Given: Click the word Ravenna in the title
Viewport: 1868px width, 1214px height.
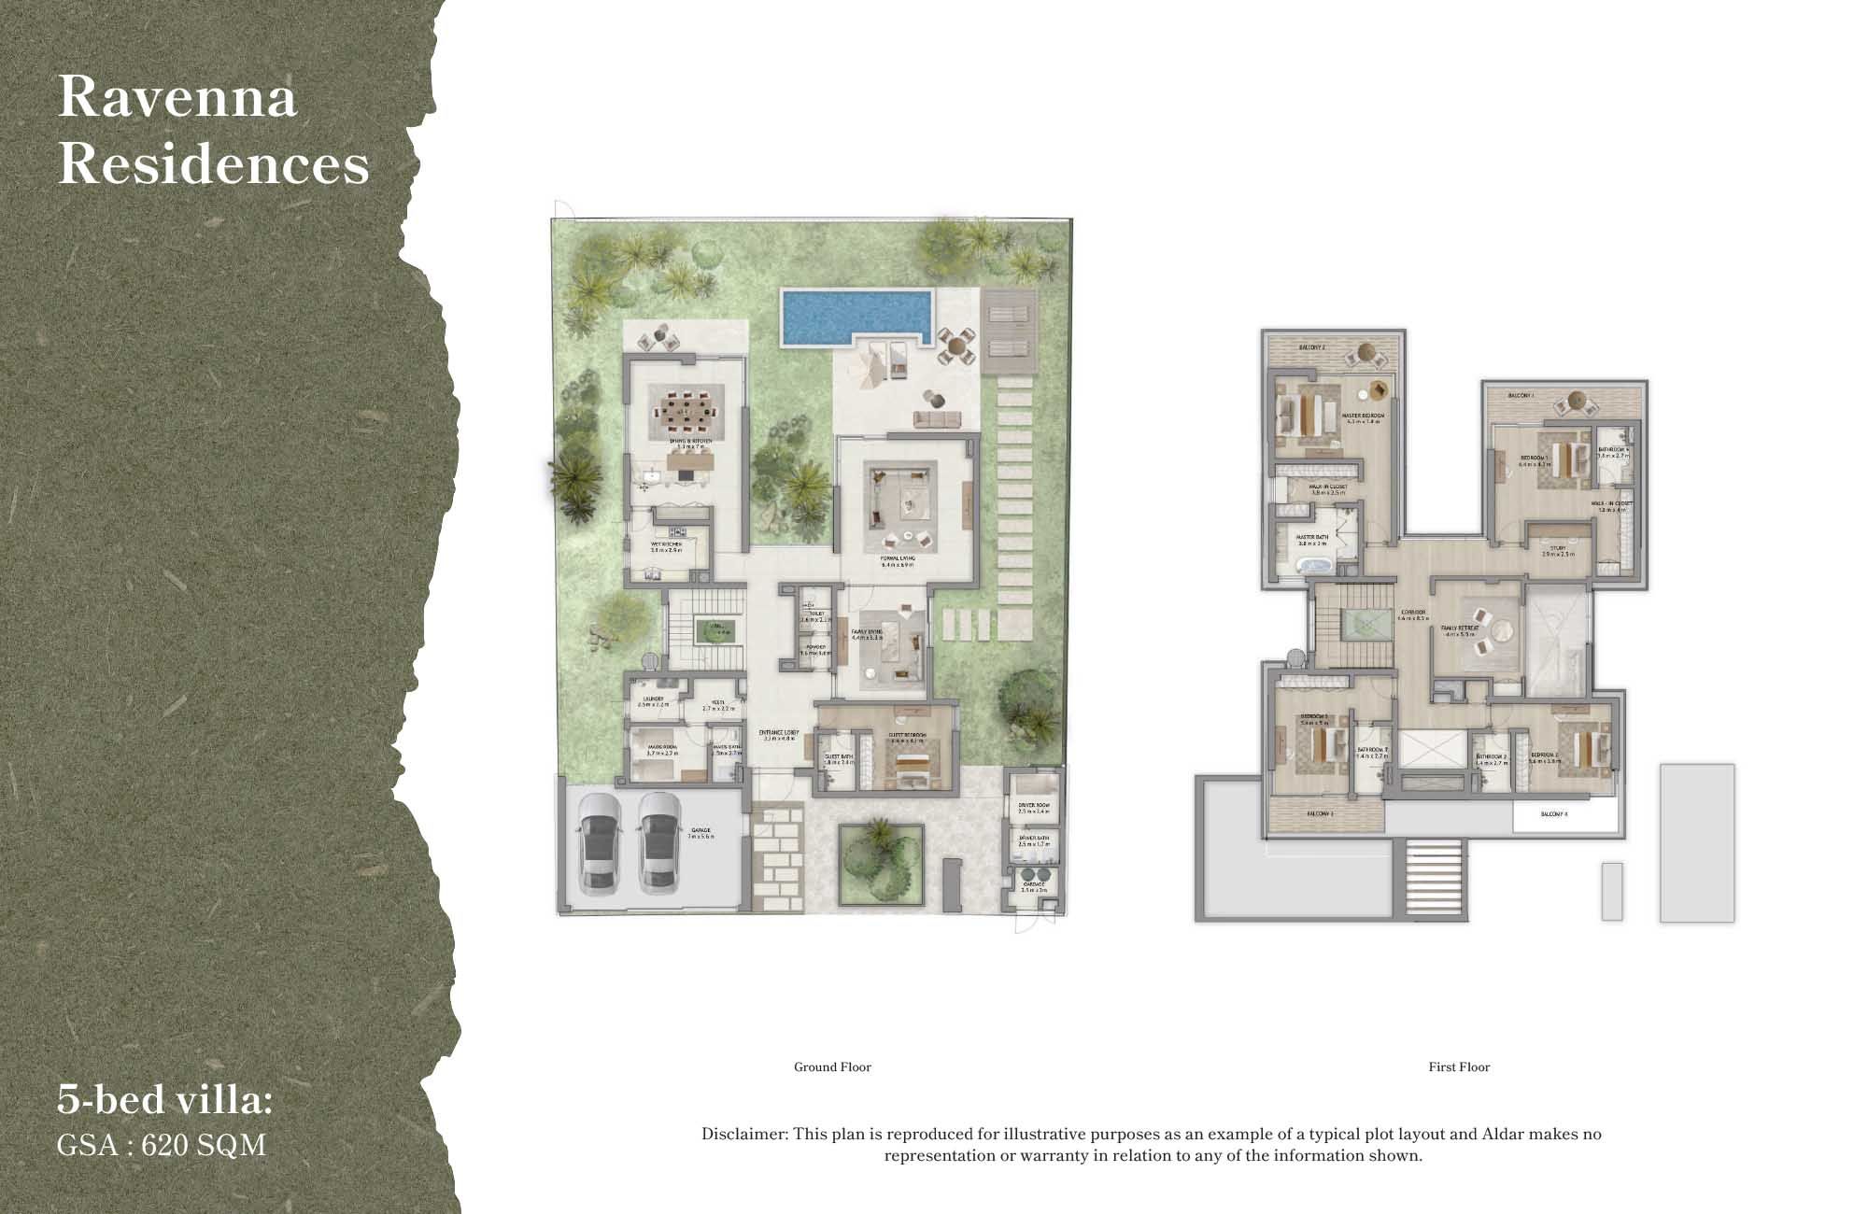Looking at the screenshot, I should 177,97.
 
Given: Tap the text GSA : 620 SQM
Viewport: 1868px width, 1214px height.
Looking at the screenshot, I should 162,1145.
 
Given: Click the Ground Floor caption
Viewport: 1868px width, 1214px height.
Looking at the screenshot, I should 832,1066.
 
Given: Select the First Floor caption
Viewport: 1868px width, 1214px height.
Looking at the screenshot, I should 1459,1066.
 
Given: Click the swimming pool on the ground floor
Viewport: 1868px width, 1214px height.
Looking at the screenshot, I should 855,315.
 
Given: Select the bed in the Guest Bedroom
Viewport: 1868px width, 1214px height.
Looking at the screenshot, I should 909,765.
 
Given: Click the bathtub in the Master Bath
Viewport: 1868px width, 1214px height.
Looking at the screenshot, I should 1315,565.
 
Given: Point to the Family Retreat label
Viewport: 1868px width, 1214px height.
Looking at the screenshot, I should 1459,630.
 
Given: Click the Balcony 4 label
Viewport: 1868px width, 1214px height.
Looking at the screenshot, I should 1553,814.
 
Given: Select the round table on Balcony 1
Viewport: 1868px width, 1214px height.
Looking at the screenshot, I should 1575,400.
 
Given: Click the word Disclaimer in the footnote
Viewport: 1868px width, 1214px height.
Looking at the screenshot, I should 744,1135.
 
